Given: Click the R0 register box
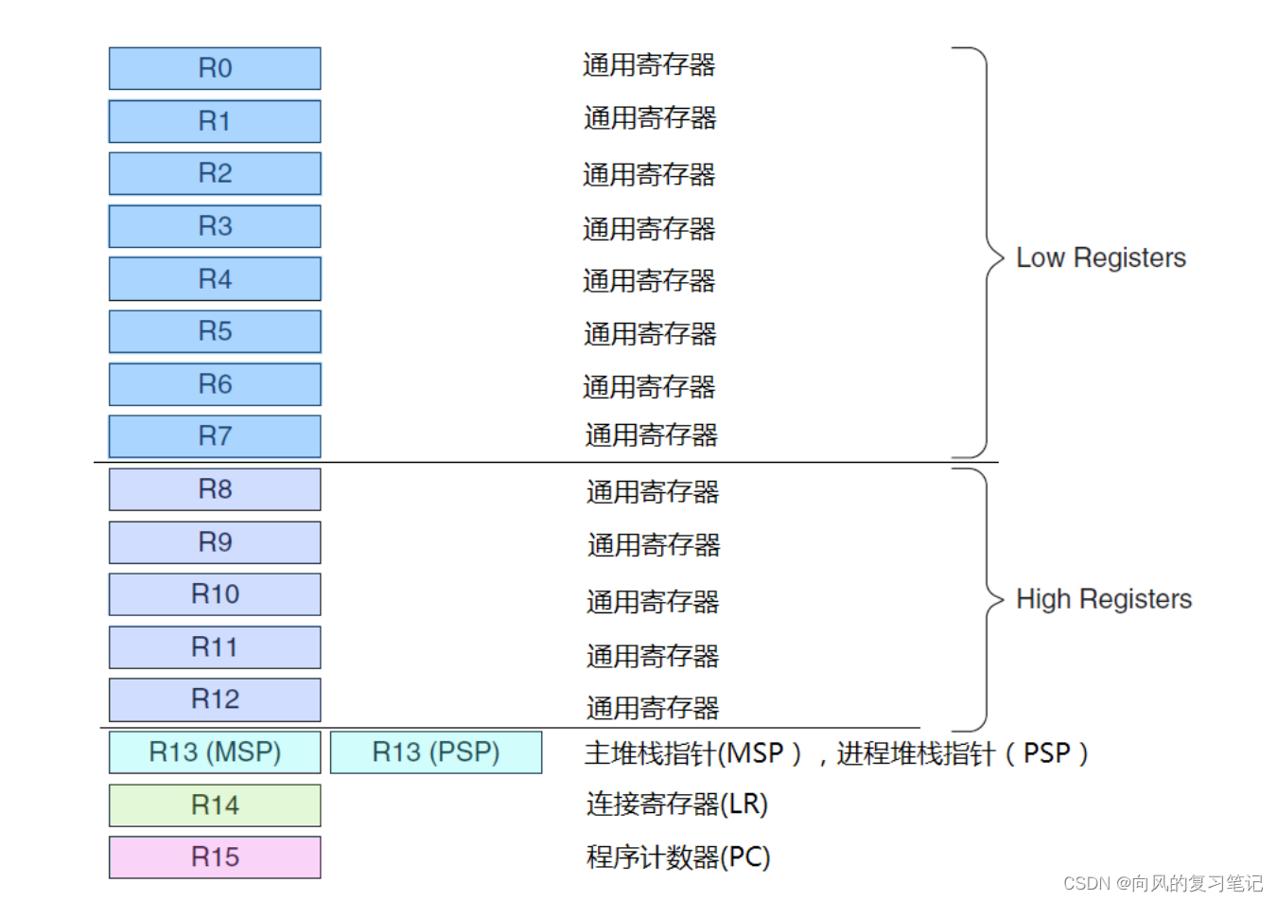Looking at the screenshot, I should (215, 68).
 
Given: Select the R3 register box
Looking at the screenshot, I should (215, 226).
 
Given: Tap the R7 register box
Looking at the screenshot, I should (215, 436).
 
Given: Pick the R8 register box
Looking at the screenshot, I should (215, 489).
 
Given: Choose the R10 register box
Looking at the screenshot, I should (215, 594).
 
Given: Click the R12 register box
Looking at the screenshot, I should (215, 699).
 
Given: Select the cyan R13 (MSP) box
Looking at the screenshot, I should (215, 752).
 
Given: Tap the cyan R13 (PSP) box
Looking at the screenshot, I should (436, 752).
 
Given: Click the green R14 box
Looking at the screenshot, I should (215, 805).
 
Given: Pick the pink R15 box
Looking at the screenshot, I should (215, 857).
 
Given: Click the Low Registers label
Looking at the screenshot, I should (1100, 257).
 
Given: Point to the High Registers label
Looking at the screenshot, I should (1103, 599).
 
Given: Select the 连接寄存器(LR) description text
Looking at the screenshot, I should (676, 804).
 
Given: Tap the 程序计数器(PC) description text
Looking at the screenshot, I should (678, 857).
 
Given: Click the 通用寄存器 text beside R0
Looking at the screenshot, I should (649, 65).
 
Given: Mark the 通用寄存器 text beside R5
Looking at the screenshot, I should (650, 334).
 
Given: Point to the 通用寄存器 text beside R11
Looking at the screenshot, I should (653, 656).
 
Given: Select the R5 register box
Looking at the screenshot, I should (215, 331).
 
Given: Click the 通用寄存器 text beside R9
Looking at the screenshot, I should (654, 545).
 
